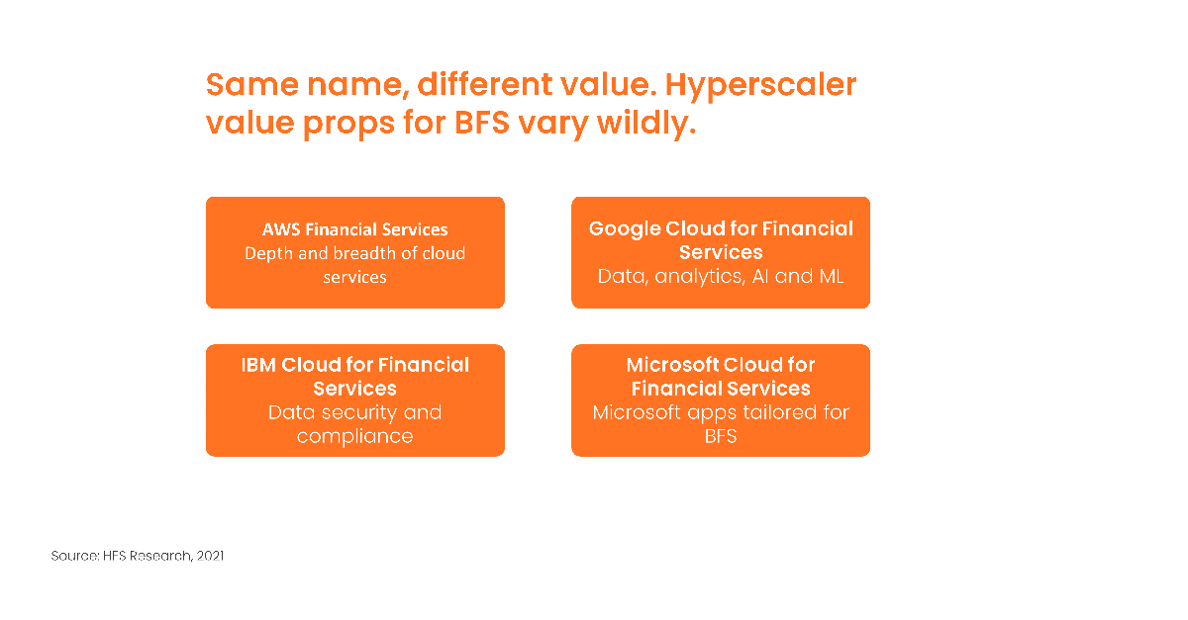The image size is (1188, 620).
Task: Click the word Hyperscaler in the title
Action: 760,86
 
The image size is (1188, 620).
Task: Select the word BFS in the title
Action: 481,123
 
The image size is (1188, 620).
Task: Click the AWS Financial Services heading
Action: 354,229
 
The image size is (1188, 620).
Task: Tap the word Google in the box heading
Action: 625,229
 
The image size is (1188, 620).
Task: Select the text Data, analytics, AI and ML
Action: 721,277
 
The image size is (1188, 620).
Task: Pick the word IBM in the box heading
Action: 258,365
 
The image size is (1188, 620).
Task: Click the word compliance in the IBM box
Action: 354,437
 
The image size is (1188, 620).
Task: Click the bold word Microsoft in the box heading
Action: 672,365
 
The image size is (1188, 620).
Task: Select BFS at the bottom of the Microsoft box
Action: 721,436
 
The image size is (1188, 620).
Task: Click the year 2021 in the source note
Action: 210,556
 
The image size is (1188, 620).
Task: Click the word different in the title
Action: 485,85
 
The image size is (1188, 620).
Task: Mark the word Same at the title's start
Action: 252,85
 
